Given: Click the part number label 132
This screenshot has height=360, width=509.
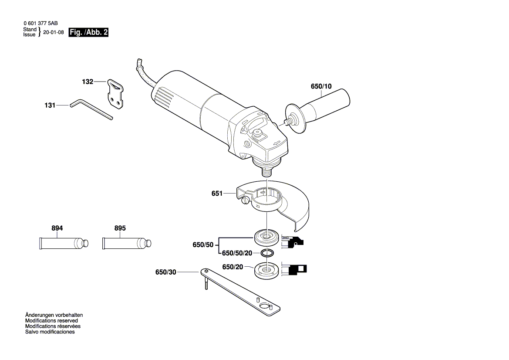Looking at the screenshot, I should pos(88,82).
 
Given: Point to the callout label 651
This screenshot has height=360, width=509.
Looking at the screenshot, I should pos(217,194).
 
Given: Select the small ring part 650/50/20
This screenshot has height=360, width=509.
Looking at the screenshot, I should pos(267,253).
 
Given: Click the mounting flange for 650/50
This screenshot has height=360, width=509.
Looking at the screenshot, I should pos(266,237).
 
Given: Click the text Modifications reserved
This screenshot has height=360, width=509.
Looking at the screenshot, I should pos(51,320).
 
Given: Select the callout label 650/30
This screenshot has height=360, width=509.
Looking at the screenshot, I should pos(165,272).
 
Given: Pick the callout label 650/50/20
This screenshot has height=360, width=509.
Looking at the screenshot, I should pos(237,253).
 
